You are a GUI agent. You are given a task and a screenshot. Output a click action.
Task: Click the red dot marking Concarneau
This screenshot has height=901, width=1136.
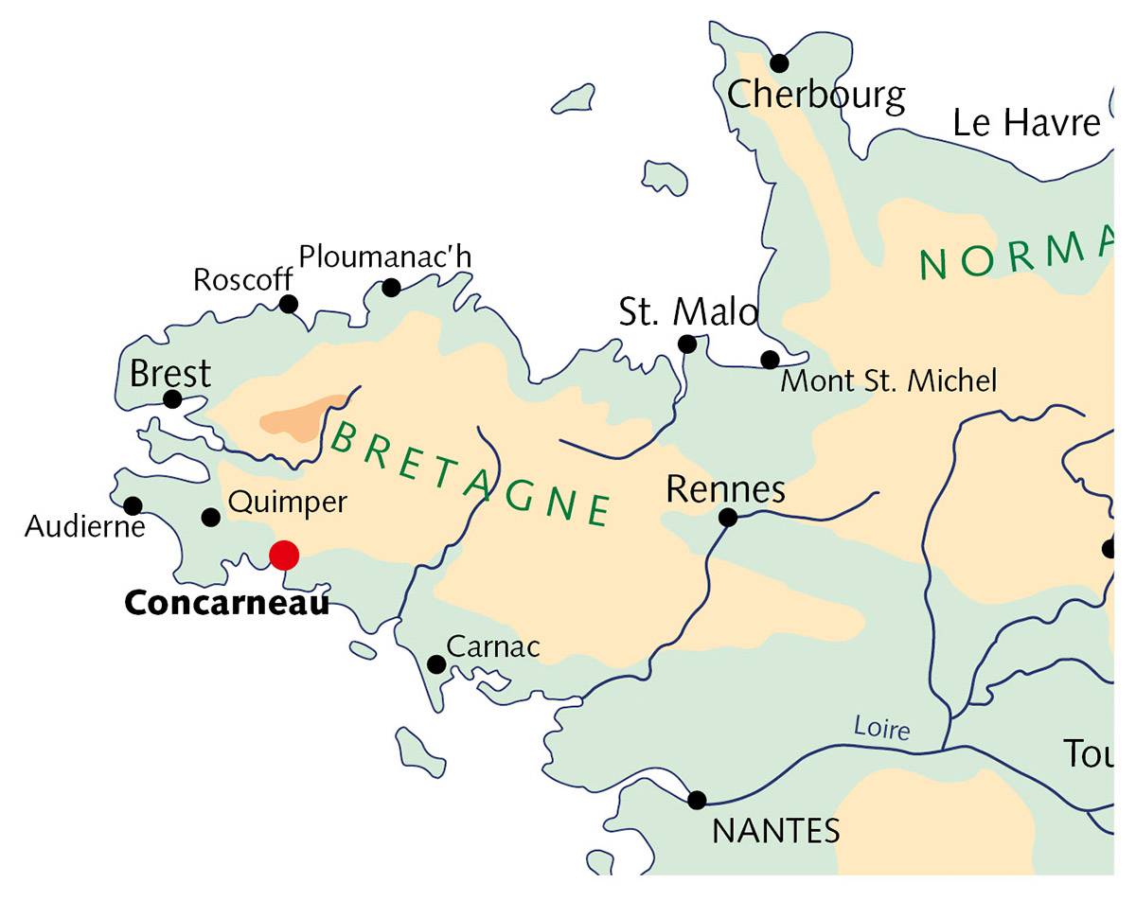(284, 555)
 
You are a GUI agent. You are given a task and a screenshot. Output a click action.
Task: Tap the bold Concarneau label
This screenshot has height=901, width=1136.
(227, 603)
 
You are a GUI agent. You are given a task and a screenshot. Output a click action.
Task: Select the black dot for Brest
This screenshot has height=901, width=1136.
(172, 399)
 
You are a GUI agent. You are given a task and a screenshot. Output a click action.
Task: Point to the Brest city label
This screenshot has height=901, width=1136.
(170, 374)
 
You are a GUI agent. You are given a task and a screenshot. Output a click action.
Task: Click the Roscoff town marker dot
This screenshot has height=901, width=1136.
(289, 304)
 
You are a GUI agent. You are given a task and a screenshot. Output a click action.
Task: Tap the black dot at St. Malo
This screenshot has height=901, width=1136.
(688, 344)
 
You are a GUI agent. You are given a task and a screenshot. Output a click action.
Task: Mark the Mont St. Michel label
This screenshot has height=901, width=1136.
(888, 381)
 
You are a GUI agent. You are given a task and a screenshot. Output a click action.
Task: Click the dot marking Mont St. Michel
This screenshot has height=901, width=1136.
(771, 360)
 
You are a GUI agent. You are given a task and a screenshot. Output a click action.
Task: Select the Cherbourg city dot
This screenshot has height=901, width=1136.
(779, 63)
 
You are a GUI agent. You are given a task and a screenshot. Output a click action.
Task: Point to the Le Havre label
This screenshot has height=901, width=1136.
(1027, 123)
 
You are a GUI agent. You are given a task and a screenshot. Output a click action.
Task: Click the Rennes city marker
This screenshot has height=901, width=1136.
(728, 517)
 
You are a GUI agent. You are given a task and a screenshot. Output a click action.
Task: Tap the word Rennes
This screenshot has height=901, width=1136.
(726, 489)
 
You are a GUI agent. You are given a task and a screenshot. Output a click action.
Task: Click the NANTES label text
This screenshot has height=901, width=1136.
(776, 832)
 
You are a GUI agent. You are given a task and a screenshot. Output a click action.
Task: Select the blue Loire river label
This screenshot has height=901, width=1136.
(880, 729)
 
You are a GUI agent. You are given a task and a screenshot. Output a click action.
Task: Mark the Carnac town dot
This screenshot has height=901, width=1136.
(436, 664)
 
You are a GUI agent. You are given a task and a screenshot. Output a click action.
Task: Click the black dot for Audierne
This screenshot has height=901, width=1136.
(133, 506)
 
